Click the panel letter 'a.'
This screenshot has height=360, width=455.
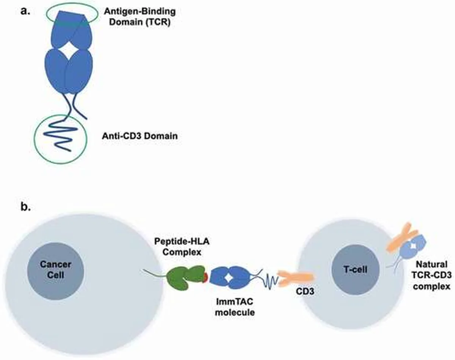tap(25, 11)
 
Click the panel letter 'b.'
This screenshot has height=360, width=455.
tap(25, 207)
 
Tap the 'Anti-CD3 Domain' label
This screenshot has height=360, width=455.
tap(140, 136)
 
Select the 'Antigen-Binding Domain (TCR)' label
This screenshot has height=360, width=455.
tap(140, 17)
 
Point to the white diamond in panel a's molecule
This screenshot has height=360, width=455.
tap(69, 50)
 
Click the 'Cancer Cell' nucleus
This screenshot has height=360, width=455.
tap(56, 271)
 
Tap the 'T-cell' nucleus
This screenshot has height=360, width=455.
tap(355, 270)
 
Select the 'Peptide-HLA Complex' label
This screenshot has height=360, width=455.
tap(182, 247)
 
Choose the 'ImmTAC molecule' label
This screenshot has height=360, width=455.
tap(235, 307)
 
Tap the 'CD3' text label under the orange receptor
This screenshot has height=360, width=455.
tap(305, 291)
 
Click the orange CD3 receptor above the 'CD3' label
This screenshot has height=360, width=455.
tap(296, 279)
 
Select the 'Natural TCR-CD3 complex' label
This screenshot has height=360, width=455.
tap(431, 275)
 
